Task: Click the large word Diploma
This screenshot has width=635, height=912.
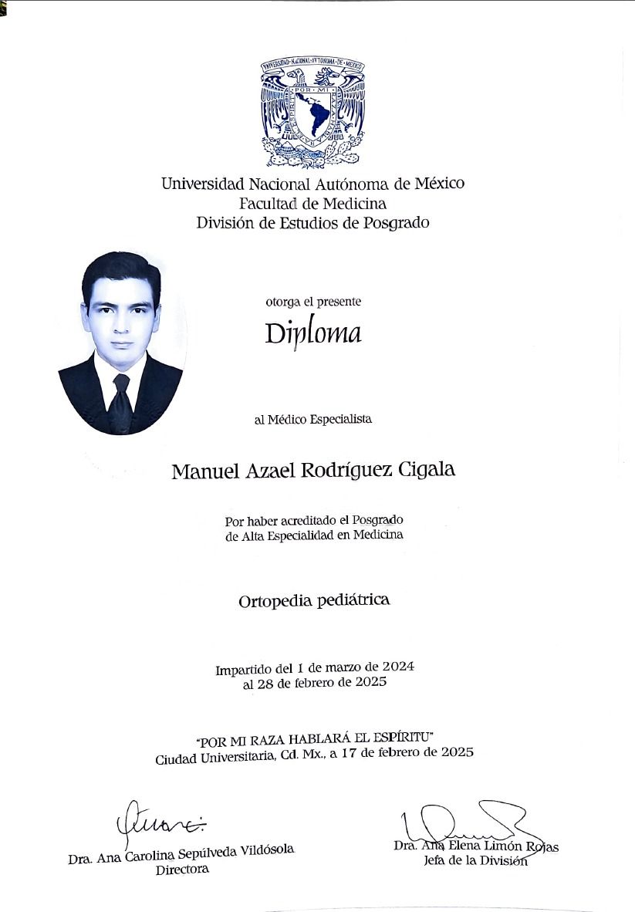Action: (312, 334)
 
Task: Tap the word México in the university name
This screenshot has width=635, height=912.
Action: (439, 184)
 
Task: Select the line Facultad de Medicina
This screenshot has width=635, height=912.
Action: (312, 204)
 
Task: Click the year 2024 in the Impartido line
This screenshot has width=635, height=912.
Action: (400, 665)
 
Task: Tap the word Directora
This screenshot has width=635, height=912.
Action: (182, 870)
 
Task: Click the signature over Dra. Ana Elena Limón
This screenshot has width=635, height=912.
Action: (463, 822)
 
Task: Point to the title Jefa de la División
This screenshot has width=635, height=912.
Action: (475, 861)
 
